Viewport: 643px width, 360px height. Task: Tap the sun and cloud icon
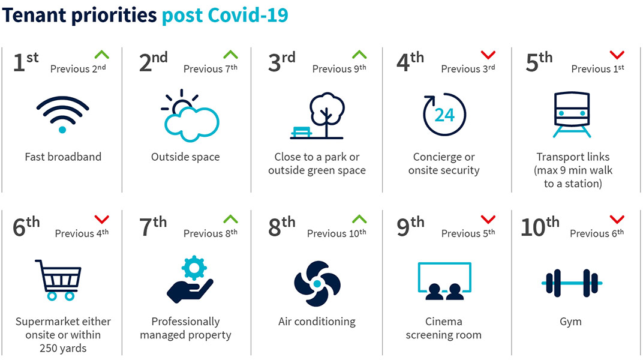point(190,116)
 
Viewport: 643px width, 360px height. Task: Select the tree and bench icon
point(317,116)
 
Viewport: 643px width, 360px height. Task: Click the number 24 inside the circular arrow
point(444,115)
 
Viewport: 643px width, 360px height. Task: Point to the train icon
point(572,115)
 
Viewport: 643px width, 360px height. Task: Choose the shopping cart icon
point(59,280)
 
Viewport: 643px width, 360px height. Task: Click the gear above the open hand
point(194,268)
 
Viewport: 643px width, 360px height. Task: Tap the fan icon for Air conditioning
point(317,283)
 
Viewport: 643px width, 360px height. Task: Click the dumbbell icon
point(572,283)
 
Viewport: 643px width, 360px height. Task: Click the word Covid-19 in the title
point(248,15)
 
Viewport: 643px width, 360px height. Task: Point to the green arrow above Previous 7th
point(230,55)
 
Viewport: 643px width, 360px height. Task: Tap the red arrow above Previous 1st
point(617,55)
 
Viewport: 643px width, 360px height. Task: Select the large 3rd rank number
point(281,62)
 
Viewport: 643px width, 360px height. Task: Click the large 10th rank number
point(540,227)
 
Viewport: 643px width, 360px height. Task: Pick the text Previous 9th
point(339,68)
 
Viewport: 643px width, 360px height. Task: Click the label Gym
point(570,322)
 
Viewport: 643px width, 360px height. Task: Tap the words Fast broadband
point(63,157)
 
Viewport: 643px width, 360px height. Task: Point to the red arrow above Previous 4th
point(102,219)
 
